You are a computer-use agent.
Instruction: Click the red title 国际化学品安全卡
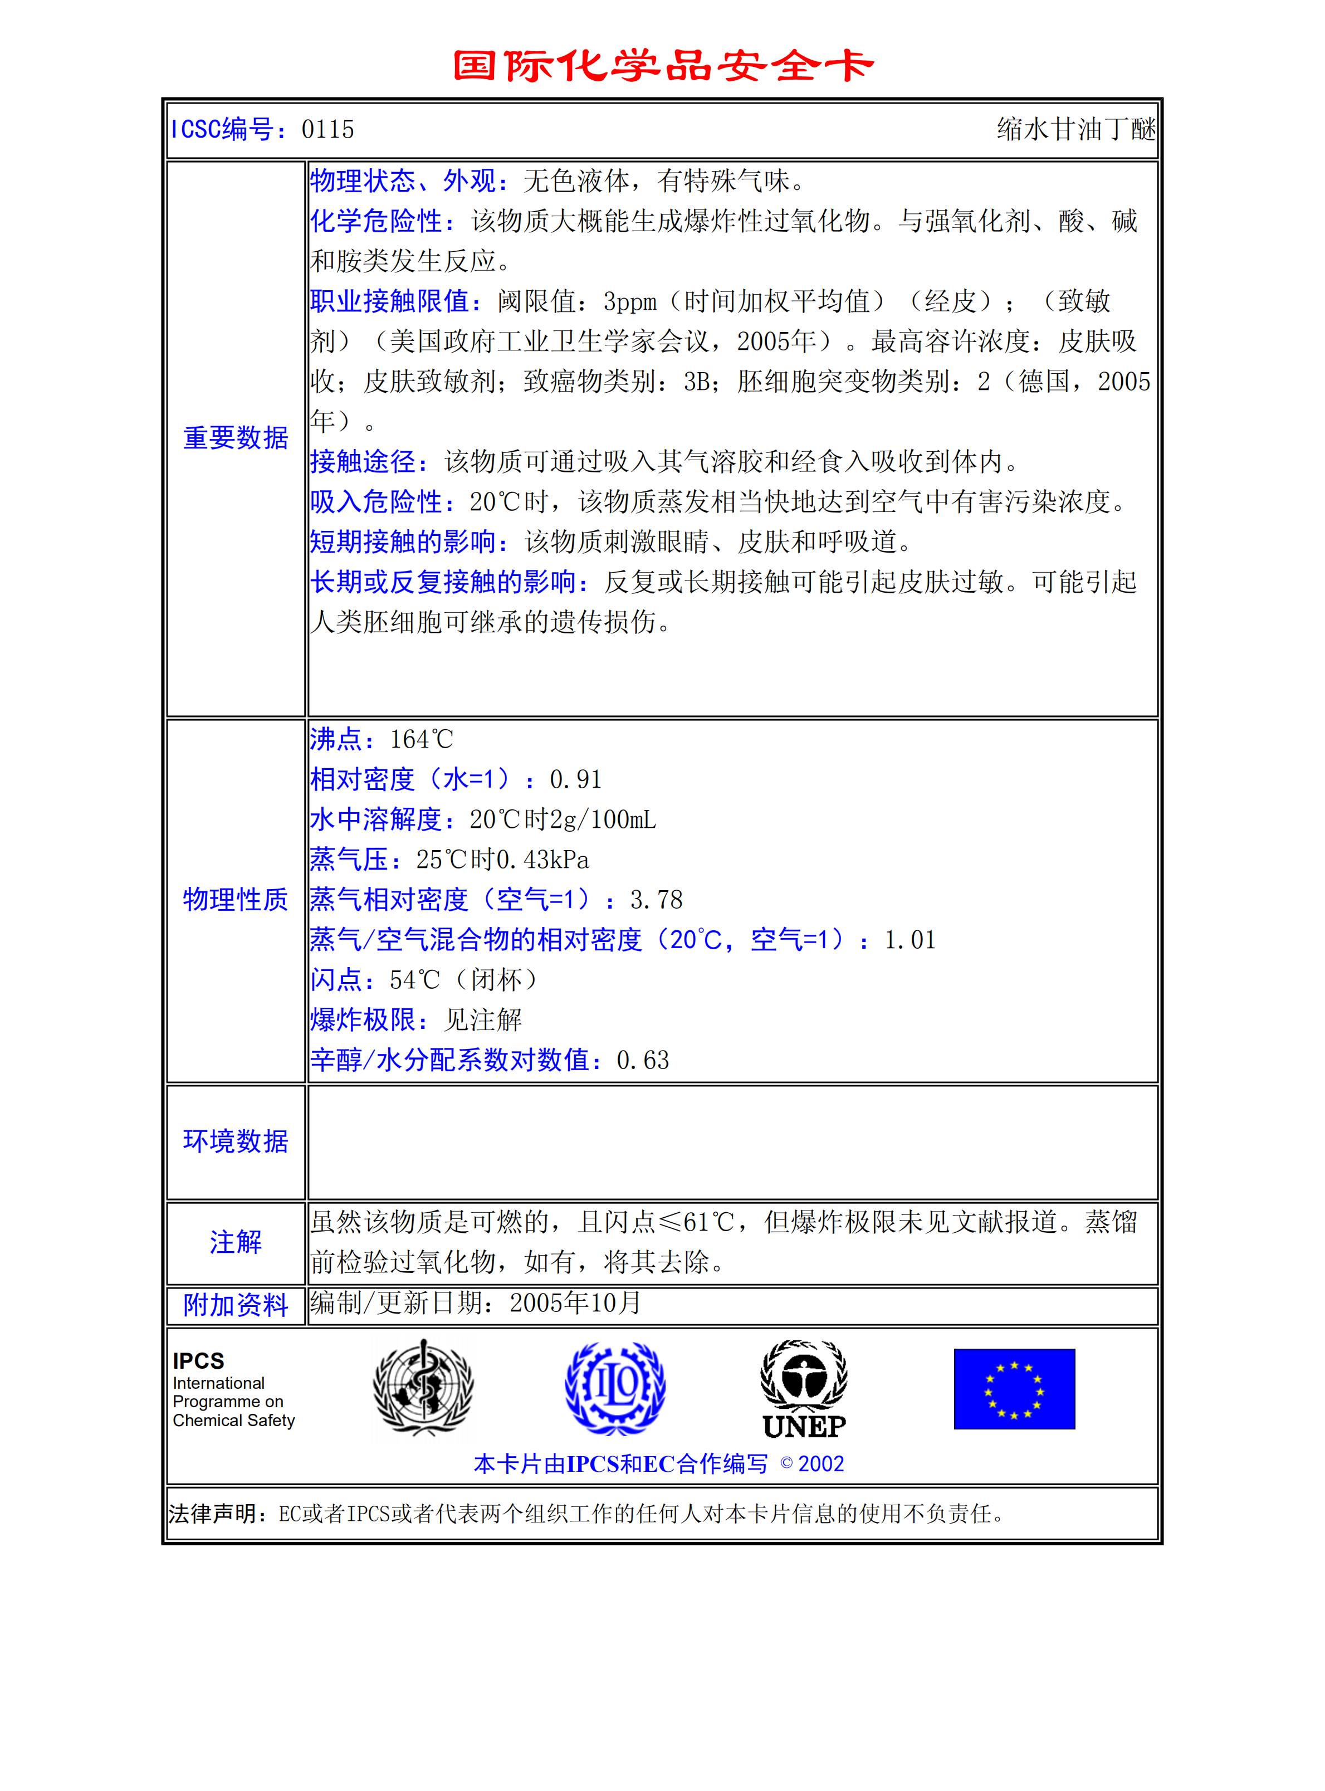click(663, 66)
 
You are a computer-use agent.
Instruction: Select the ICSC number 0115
click(327, 129)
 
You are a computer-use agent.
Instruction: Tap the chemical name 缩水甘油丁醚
click(1075, 129)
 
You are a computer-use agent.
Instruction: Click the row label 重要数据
click(235, 438)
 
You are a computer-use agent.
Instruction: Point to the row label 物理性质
click(235, 900)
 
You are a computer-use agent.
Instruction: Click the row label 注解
click(235, 1242)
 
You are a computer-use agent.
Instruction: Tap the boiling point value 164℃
click(422, 739)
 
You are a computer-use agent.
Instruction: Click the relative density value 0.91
click(575, 779)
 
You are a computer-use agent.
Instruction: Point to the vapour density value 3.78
click(656, 900)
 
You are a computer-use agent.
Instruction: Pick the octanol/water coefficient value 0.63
click(642, 1060)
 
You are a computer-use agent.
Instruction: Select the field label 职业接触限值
click(390, 301)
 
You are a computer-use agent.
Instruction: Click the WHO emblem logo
click(423, 1388)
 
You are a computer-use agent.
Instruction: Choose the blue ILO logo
click(615, 1388)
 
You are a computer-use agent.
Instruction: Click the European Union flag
click(1014, 1388)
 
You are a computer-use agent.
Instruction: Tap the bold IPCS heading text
click(198, 1361)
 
